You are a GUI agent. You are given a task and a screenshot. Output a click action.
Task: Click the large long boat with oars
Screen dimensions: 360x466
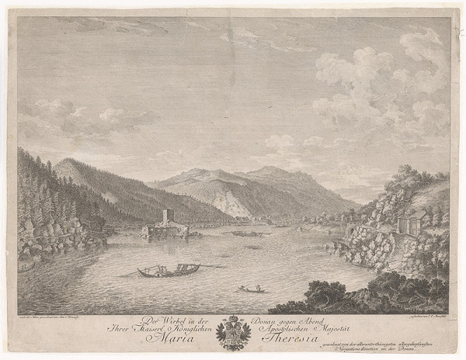tap(168, 270)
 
